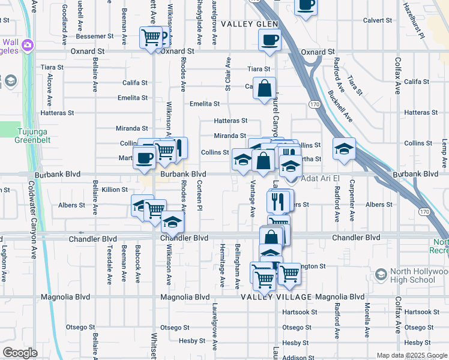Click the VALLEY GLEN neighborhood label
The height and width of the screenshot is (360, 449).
click(249, 24)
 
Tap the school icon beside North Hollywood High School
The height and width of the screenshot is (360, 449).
click(379, 274)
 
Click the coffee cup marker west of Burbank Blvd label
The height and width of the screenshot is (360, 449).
click(144, 158)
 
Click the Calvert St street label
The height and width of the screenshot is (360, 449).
click(378, 20)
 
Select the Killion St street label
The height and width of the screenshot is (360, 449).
click(115, 190)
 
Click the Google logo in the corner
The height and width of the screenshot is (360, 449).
click(20, 353)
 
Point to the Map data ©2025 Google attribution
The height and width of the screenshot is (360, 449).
click(411, 355)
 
